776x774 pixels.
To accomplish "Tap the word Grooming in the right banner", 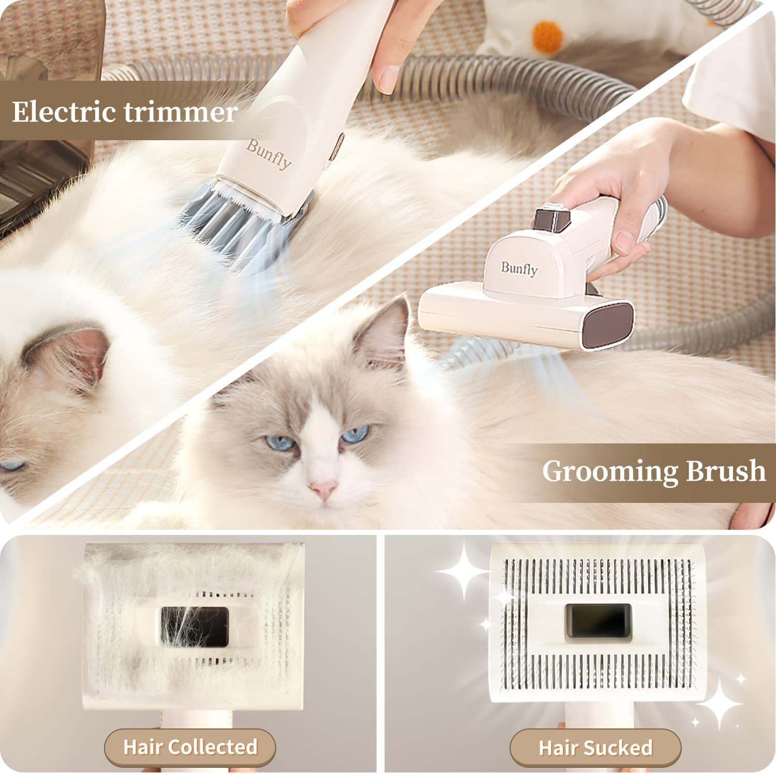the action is point(609,471).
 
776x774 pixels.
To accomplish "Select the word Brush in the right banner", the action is point(726,470).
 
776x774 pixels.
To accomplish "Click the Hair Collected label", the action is point(190,747).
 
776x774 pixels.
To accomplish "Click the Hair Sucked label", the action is point(595,748).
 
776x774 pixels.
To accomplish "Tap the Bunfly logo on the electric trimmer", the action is point(269,154).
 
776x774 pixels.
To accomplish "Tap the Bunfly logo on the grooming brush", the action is point(519,269).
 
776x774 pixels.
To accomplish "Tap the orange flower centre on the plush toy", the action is point(547,36).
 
